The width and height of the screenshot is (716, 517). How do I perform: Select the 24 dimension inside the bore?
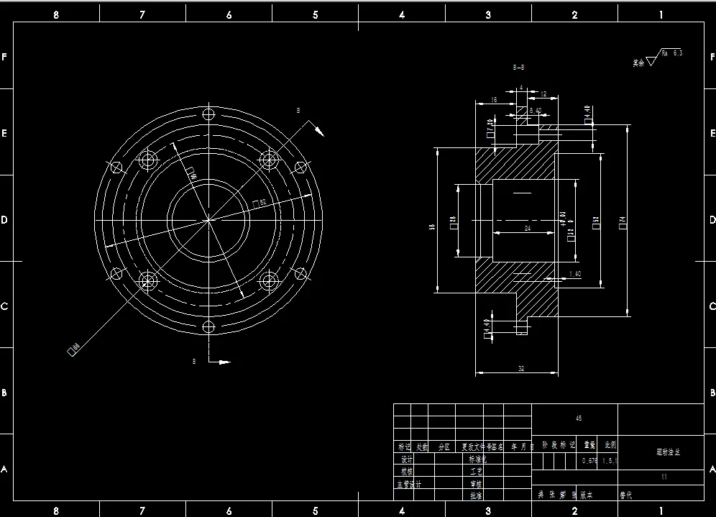click(x=528, y=228)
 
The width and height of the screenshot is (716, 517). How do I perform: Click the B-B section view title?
click(x=518, y=67)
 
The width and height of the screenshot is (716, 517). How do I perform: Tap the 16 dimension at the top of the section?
click(x=494, y=100)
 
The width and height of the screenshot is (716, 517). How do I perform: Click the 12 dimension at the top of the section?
click(x=543, y=94)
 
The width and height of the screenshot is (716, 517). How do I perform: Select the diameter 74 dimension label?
click(x=623, y=223)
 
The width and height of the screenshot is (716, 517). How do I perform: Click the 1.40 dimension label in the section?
click(x=575, y=274)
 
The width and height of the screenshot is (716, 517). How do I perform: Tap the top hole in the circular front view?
click(x=209, y=114)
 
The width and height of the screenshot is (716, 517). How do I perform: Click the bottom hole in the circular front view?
click(x=209, y=326)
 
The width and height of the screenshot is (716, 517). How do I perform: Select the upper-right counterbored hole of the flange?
click(x=270, y=160)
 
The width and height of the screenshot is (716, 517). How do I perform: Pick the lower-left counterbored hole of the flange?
click(x=149, y=280)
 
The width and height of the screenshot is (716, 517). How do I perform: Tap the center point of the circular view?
click(x=209, y=220)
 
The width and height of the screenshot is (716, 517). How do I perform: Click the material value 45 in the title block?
click(x=579, y=418)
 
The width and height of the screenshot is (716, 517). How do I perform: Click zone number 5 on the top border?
click(x=316, y=15)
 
